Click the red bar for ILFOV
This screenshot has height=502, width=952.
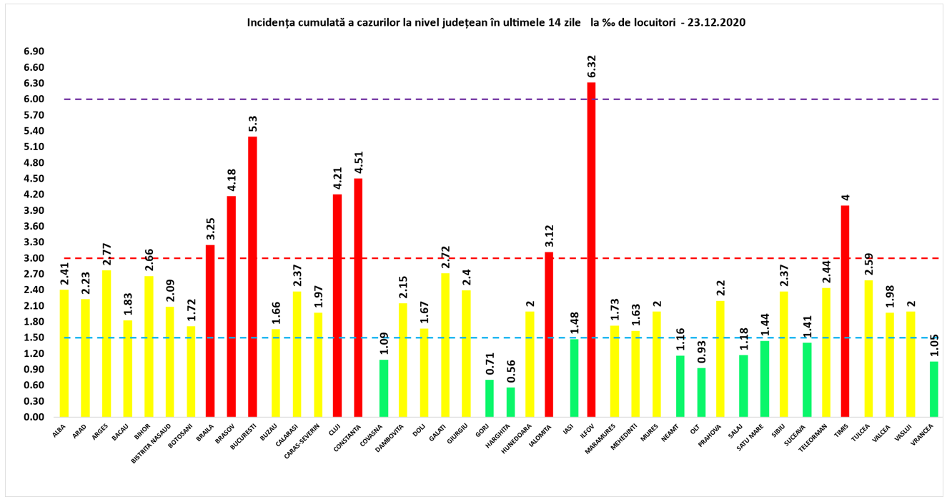[x=591, y=250]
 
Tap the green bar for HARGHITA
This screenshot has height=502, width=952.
[x=510, y=402]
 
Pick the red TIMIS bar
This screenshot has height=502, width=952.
[x=845, y=311]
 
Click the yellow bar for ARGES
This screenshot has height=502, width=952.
[x=106, y=343]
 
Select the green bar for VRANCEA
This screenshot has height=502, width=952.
[x=934, y=389]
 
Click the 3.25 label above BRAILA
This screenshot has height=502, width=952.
[x=210, y=227]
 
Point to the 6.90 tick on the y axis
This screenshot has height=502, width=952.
[x=34, y=52]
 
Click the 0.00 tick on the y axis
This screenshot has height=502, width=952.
[x=34, y=417]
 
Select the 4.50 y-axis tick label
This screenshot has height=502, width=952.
[x=34, y=179]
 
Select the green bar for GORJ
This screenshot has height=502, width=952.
[x=489, y=398]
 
